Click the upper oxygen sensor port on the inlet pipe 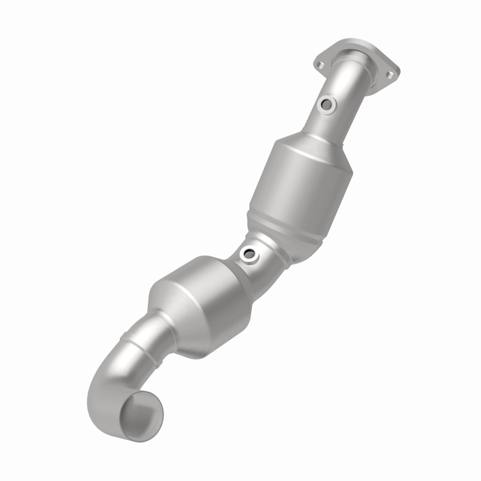click(327, 105)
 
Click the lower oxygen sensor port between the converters click(248, 255)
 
